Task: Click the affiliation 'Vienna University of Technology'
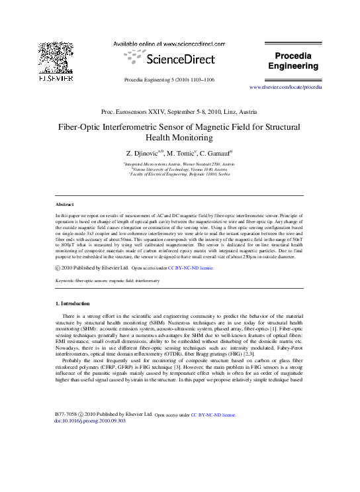pos(180,169)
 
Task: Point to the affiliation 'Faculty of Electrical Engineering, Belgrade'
pos(181,174)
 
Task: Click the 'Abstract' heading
pos(64,205)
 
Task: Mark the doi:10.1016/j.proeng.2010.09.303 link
pos(89,420)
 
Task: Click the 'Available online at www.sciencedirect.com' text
pos(171,43)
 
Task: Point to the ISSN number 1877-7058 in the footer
pos(66,414)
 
